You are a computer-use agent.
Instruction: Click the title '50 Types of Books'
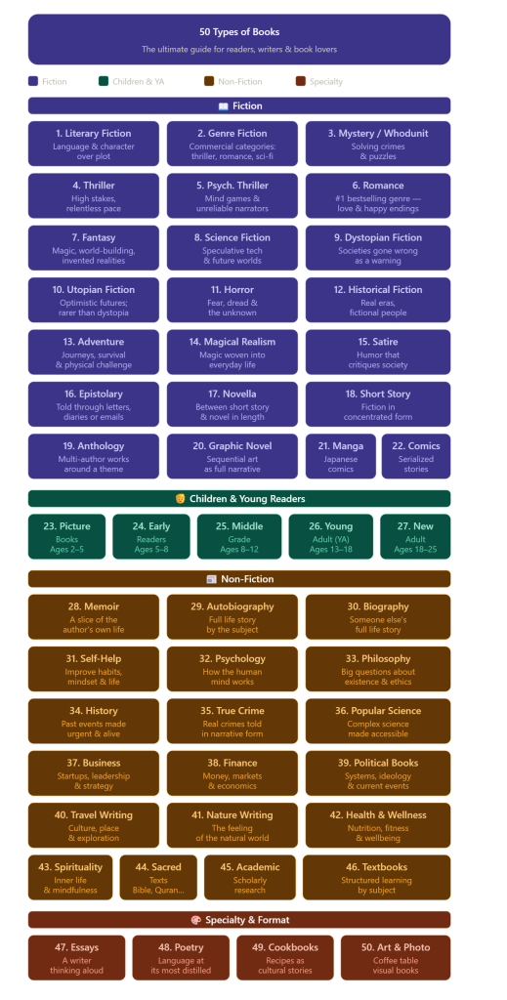[x=239, y=32]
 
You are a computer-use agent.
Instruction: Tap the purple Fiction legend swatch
[x=33, y=82]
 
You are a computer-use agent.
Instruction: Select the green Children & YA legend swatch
[x=104, y=82]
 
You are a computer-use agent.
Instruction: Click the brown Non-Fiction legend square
[x=208, y=82]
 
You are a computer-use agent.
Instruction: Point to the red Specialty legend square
[x=300, y=82]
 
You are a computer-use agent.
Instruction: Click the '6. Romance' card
[x=377, y=195]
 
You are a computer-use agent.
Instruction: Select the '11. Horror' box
[x=232, y=300]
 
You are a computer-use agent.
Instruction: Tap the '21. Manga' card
[x=341, y=456]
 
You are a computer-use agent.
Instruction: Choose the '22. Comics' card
[x=416, y=456]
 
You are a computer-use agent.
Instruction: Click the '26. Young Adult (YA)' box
[x=330, y=536]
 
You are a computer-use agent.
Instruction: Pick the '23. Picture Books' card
[x=67, y=536]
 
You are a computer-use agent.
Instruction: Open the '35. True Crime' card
[x=232, y=722]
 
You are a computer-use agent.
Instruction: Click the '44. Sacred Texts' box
[x=158, y=877]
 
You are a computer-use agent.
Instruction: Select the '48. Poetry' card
[x=181, y=957]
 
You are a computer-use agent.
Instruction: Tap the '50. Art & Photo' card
[x=396, y=957]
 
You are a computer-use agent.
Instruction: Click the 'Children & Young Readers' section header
[x=239, y=499]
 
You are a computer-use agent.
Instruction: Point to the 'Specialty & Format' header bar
[x=239, y=920]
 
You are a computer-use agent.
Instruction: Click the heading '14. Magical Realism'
[x=232, y=342]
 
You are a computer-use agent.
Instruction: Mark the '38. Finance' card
[x=232, y=773]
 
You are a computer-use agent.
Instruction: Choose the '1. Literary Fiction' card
[x=93, y=144]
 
